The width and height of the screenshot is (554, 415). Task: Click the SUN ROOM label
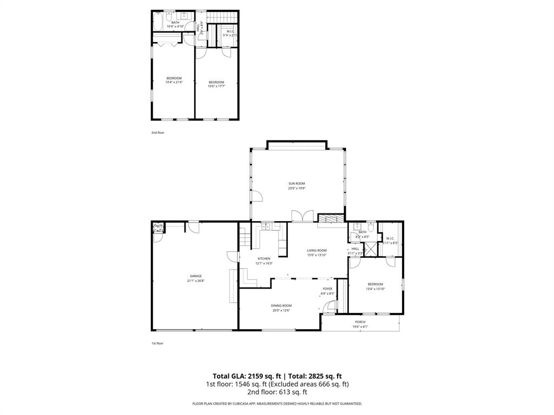point(296,184)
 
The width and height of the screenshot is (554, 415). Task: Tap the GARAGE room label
point(196,276)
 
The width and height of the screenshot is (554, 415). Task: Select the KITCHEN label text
point(264,259)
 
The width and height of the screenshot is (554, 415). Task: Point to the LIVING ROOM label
point(317,250)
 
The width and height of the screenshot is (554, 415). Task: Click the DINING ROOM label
point(281,306)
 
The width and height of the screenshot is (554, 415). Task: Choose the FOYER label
point(328,289)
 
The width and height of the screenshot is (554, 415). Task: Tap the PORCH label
point(360,322)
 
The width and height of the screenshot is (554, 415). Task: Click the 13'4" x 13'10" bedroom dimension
point(375,289)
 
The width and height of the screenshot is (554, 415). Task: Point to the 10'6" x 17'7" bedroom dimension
point(216,86)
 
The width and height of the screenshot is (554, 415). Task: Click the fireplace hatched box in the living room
point(331,218)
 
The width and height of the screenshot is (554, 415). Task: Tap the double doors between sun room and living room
point(301,216)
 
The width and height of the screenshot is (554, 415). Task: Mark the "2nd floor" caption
point(157,132)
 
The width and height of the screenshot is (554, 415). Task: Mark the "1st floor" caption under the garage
point(157,343)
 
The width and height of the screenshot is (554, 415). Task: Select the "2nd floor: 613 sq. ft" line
point(277,392)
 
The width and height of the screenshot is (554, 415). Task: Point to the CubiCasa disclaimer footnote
point(277,404)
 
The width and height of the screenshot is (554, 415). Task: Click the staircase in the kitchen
point(245,237)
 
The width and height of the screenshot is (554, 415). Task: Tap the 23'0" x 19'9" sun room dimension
point(296,189)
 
